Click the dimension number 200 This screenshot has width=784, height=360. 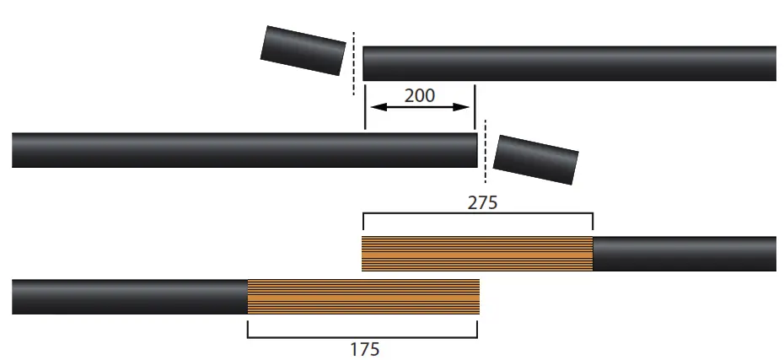coord(420,95)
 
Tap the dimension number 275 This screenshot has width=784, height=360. coord(483,203)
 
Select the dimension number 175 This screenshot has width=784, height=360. coord(364,348)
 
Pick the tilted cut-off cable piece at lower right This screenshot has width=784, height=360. coord(536,159)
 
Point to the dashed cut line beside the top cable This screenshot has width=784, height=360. coord(353,64)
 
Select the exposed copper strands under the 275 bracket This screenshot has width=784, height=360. coord(477,254)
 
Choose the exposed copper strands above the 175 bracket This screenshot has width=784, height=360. coord(362,297)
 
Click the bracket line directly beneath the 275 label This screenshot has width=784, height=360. coord(477,214)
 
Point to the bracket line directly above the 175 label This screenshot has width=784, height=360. coord(362,336)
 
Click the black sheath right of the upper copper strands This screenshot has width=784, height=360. coord(684,254)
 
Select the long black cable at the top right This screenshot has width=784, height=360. coord(569,64)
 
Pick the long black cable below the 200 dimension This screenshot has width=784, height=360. coord(244,150)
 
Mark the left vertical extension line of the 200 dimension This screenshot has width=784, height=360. coord(364,105)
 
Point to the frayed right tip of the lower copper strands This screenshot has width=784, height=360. coord(476,297)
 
